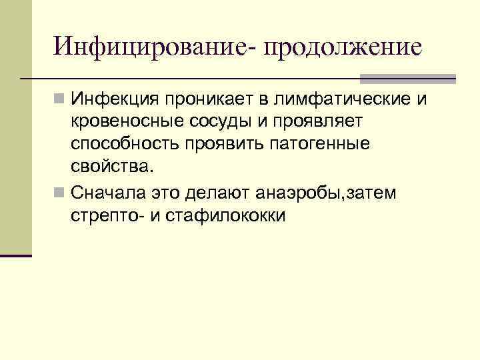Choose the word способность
[124, 145]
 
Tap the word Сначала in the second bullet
[109, 193]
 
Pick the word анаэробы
[300, 193]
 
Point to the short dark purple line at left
[16, 255]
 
